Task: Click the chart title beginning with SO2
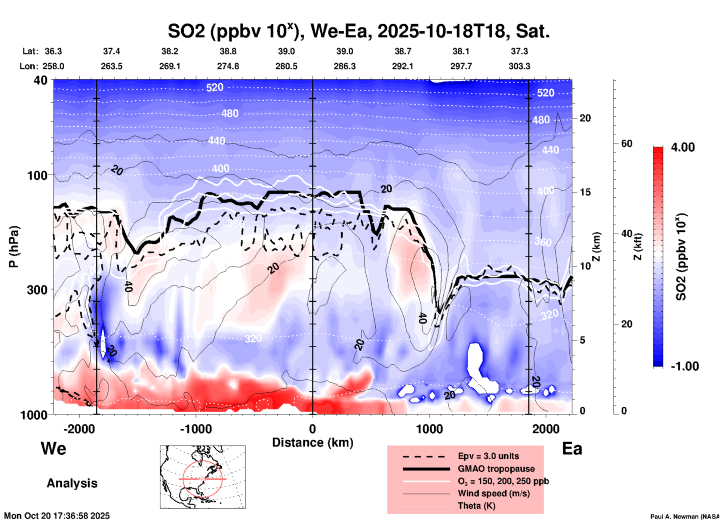(359, 31)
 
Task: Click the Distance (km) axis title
(313, 443)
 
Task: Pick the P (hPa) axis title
(14, 247)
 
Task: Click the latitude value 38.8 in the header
(228, 51)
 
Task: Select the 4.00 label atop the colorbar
(683, 147)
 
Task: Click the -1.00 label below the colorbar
(684, 366)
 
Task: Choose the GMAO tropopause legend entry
(496, 469)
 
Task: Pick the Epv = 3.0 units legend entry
(488, 456)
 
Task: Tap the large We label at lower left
(53, 448)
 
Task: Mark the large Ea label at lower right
(572, 448)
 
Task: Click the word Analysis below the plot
(72, 483)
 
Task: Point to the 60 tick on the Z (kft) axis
(627, 144)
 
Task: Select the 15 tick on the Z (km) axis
(585, 192)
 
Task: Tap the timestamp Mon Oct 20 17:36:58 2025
(57, 516)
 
